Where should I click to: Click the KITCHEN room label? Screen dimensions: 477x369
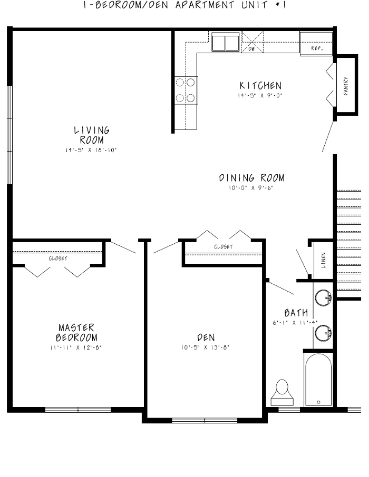point(260,85)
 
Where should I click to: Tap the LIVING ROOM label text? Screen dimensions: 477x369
point(91,135)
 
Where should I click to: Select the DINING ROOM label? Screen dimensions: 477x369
point(251,178)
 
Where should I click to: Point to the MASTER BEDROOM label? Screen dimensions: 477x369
point(76,332)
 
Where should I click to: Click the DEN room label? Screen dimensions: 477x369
point(206,337)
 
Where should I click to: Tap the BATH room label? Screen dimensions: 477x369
point(296,313)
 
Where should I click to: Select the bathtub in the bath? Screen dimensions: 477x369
point(318,379)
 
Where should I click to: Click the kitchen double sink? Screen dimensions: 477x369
point(225,42)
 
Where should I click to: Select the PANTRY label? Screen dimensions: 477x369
point(346,85)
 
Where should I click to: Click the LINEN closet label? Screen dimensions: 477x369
point(323,259)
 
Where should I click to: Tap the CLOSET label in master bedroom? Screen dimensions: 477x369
point(58,259)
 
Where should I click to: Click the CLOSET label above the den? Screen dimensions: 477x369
point(223,247)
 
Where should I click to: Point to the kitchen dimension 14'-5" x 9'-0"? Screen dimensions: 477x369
point(259,96)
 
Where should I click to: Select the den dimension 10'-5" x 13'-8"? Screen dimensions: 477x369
point(205,347)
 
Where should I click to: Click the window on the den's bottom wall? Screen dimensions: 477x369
point(204,420)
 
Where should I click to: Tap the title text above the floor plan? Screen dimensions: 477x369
point(184,6)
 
